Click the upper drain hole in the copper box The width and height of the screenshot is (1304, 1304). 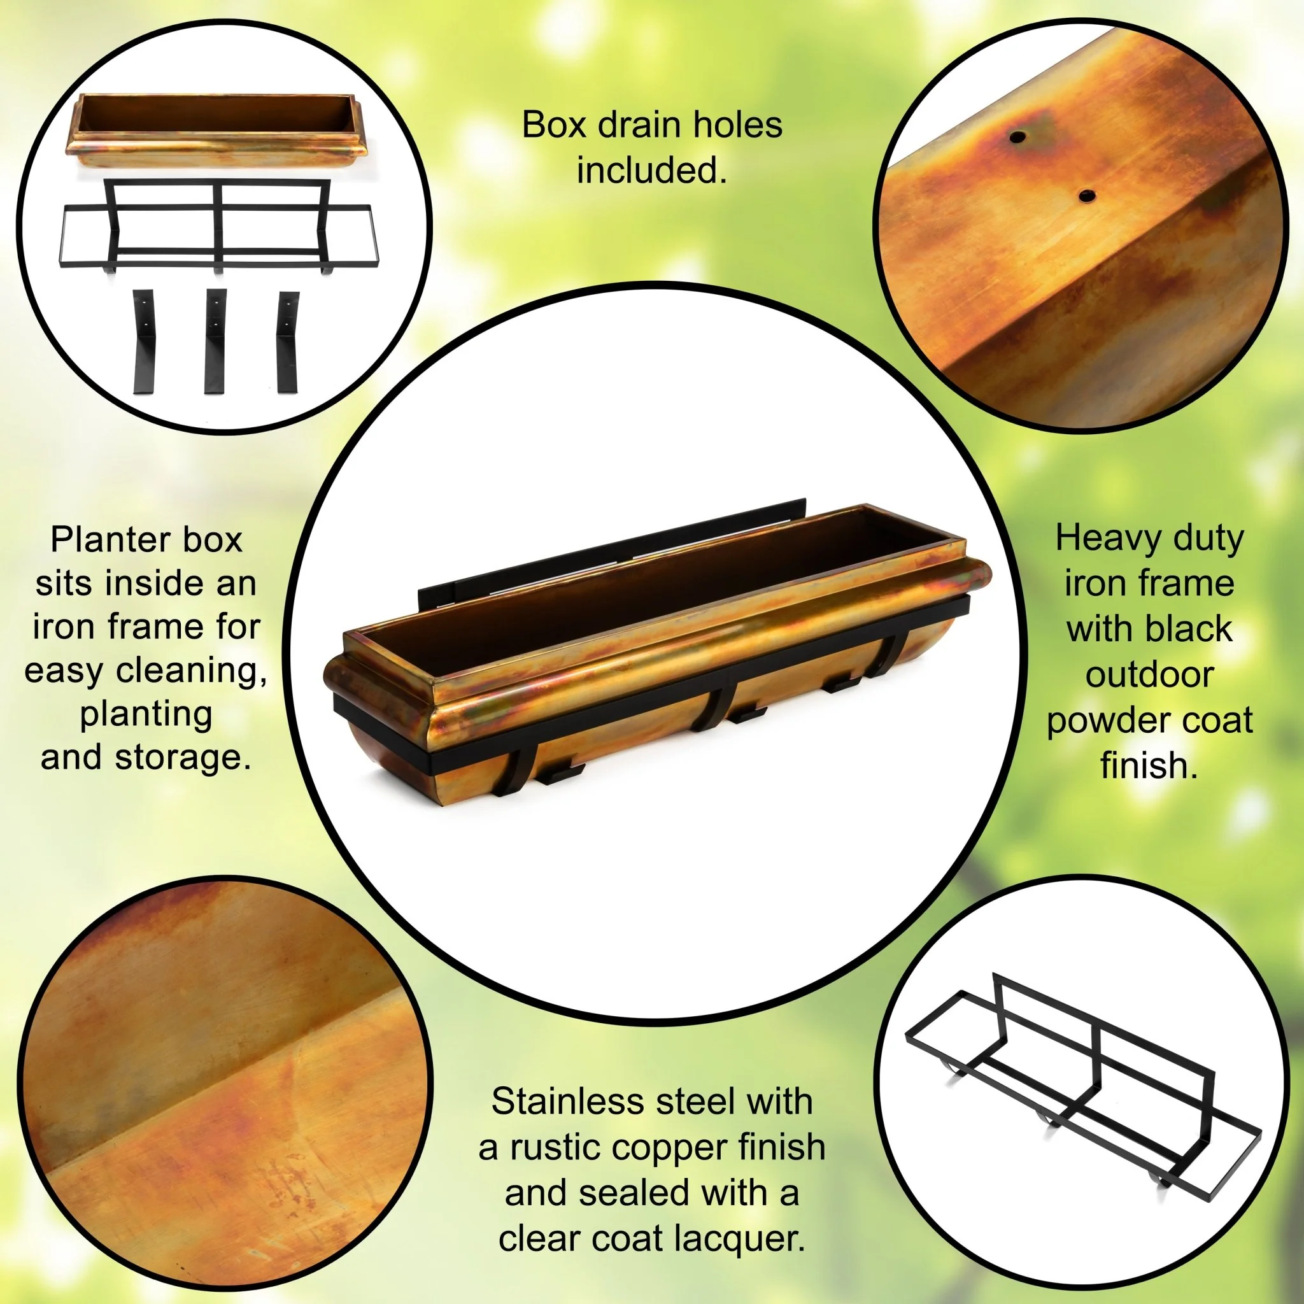pos(1017,137)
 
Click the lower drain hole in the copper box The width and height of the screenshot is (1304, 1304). pos(1087,196)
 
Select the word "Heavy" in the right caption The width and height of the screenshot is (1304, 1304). pos(1100,540)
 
